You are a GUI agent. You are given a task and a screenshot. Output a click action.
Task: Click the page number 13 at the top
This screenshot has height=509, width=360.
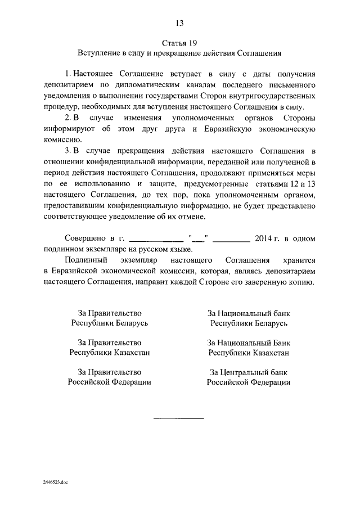coord(179,23)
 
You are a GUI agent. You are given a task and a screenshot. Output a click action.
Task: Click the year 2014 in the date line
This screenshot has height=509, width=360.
coord(263,238)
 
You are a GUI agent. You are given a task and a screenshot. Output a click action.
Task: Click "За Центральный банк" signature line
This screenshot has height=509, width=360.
coord(249,372)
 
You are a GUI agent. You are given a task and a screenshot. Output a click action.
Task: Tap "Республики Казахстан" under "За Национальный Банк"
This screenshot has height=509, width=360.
coord(249,353)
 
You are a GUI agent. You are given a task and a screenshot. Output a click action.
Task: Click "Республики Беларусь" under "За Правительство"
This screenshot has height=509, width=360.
coord(109,323)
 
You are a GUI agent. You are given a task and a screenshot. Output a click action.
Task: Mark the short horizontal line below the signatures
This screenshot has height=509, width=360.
coord(179,418)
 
